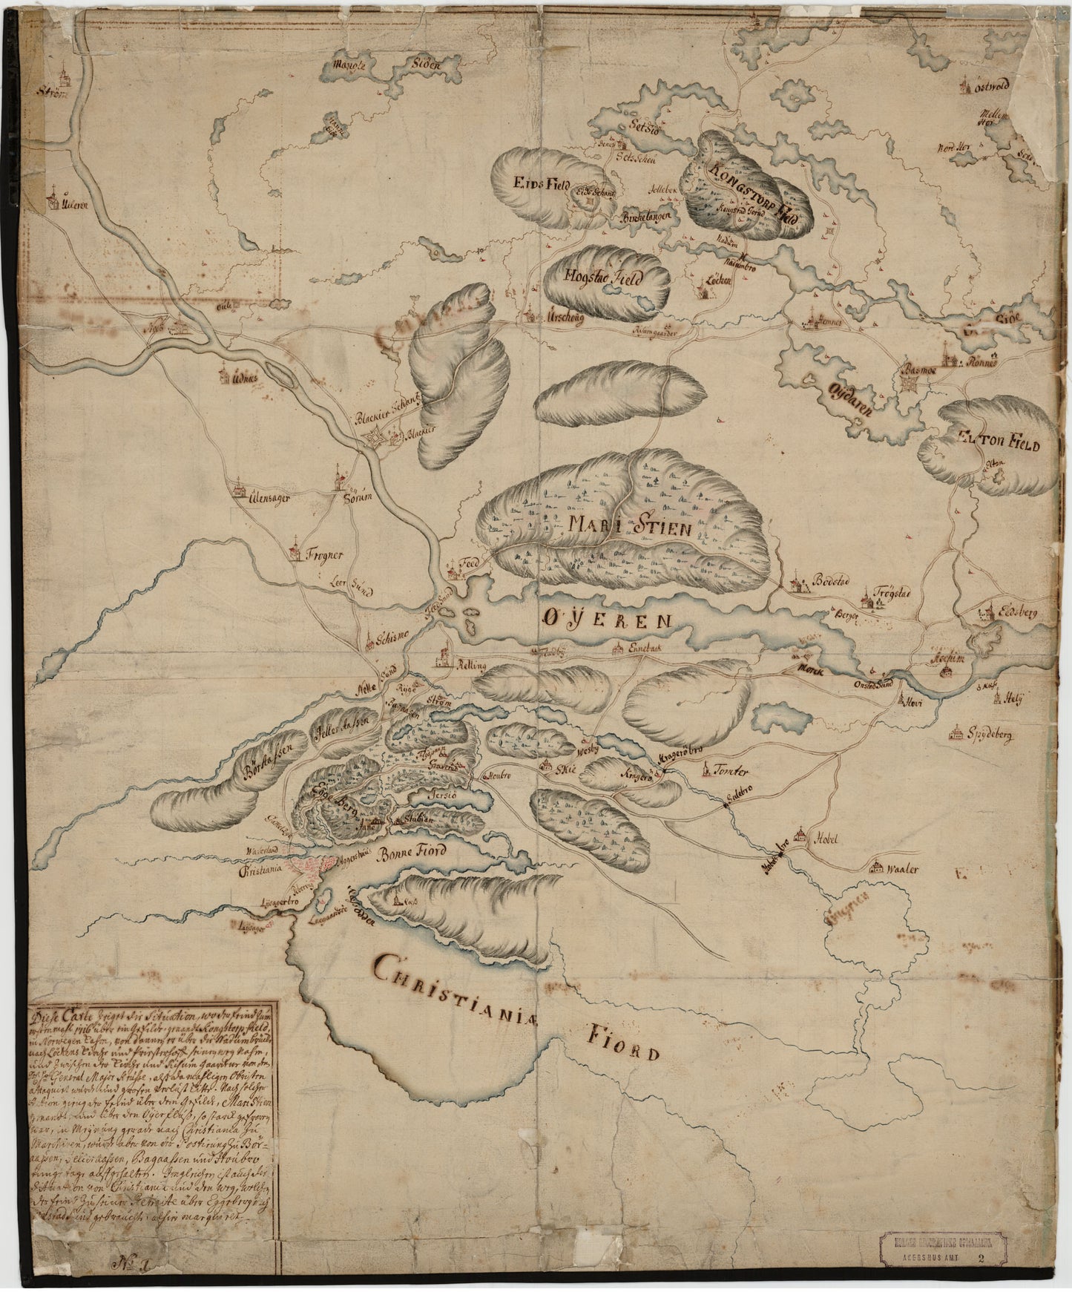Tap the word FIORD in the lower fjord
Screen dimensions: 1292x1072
point(624,1043)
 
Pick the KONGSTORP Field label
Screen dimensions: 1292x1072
point(749,197)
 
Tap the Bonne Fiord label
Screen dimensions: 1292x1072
point(412,852)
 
